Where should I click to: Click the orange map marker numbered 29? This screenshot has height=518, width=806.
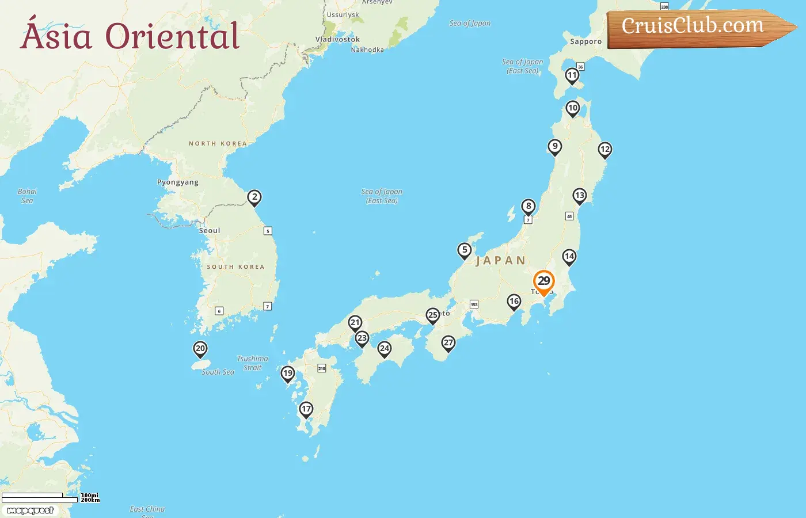[x=543, y=281]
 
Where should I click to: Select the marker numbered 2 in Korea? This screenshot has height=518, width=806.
[x=254, y=197]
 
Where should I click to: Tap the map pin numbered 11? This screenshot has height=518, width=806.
[x=572, y=75]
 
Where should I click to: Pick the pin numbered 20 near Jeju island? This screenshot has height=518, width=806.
[x=200, y=349]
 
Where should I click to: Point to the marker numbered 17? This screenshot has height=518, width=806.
[x=306, y=409]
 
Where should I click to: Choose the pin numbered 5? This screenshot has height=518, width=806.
[x=465, y=250]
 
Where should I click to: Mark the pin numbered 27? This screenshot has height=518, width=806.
[x=448, y=343]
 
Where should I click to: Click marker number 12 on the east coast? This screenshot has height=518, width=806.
[x=604, y=150]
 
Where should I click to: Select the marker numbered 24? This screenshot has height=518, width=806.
[x=385, y=349]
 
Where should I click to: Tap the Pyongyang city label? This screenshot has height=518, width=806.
[x=178, y=182]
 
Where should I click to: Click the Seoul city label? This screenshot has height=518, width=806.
[x=210, y=231]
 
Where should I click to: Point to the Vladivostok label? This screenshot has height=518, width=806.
[x=337, y=39]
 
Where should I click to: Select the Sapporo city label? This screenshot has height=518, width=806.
[x=586, y=41]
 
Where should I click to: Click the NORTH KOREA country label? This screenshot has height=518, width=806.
[x=218, y=143]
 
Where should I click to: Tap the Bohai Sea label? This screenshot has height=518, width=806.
[x=27, y=196]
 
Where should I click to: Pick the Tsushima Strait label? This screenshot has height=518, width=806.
[x=252, y=363]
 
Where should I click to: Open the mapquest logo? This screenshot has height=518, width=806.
[x=31, y=511]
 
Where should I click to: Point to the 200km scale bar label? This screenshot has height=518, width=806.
[x=90, y=500]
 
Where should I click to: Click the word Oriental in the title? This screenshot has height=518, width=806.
[x=172, y=36]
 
